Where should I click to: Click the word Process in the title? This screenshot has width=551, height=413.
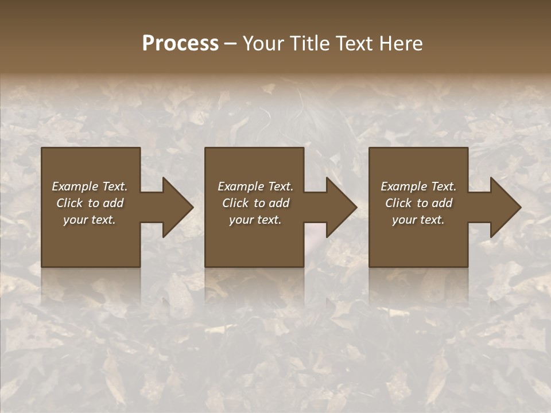click(180, 44)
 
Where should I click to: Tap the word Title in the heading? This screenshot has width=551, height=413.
click(309, 44)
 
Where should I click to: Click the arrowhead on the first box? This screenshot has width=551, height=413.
click(176, 207)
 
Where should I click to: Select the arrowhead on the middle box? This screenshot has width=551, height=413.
click(339, 207)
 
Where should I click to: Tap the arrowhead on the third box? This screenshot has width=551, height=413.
click(503, 207)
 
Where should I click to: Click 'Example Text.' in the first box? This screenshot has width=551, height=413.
click(90, 186)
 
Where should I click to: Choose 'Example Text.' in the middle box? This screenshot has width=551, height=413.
click(255, 186)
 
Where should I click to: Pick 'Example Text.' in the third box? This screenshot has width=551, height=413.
click(418, 186)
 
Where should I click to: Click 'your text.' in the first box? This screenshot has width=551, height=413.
click(90, 220)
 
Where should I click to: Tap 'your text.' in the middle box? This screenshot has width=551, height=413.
click(255, 220)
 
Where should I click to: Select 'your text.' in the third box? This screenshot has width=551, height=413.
click(418, 220)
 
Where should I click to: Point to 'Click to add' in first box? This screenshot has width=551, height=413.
click(90, 203)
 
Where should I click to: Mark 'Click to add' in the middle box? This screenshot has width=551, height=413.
click(255, 203)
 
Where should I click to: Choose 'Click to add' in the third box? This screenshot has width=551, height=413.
click(418, 203)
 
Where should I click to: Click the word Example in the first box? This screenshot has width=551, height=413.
click(75, 186)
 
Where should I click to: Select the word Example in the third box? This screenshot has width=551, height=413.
click(403, 186)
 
